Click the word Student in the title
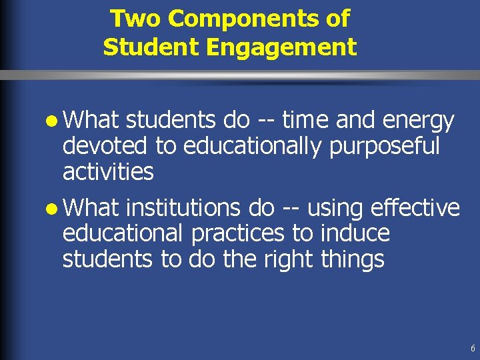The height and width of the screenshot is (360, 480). click(140, 48)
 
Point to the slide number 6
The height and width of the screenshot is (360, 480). click(473, 349)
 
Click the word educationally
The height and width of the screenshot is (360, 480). click(254, 147)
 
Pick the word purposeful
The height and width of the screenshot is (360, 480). click(385, 147)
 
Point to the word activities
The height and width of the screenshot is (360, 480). click(108, 171)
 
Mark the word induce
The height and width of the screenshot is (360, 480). click(355, 234)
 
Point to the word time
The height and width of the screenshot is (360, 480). click(306, 121)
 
